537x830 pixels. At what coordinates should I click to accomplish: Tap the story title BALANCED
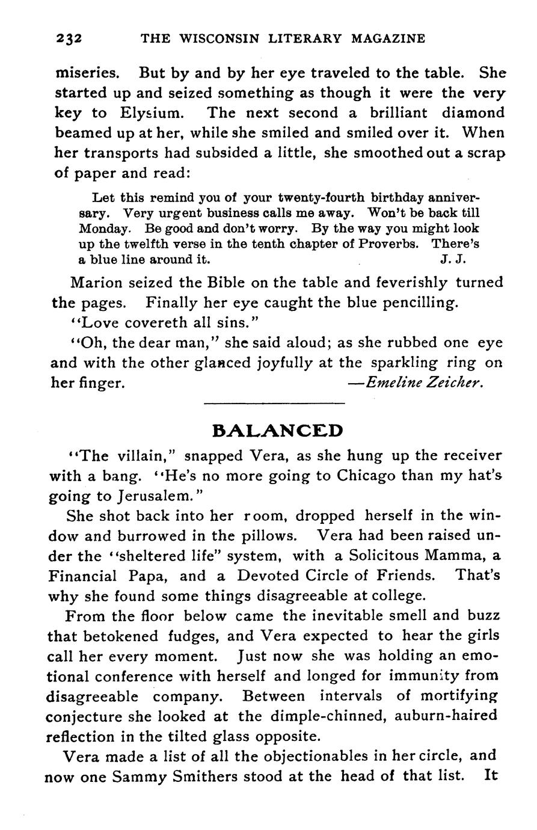click(x=278, y=431)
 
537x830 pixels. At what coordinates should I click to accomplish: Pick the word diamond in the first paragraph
click(x=473, y=113)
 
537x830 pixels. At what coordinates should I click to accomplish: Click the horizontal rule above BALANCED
click(x=275, y=403)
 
